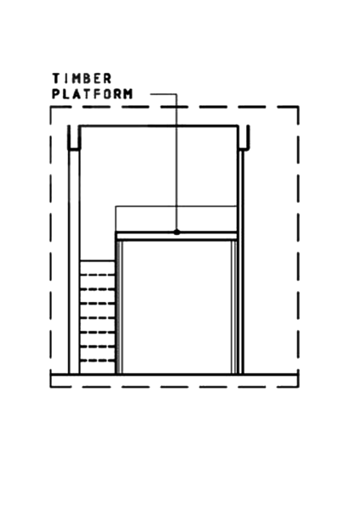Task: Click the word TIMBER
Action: click(x=82, y=79)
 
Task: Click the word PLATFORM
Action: click(x=93, y=94)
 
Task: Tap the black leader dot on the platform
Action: click(x=177, y=232)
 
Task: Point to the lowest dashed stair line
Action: click(x=98, y=361)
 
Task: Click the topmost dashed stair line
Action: click(x=98, y=275)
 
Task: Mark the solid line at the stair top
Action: click(x=98, y=260)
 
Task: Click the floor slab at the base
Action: click(x=174, y=380)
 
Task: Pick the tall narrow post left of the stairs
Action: click(x=74, y=261)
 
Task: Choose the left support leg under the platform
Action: click(x=119, y=307)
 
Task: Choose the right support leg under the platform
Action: click(x=234, y=307)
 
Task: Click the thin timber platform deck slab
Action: click(x=177, y=236)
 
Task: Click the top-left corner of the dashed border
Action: click(x=51, y=107)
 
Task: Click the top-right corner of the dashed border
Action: click(x=298, y=107)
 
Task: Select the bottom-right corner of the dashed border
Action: click(x=298, y=387)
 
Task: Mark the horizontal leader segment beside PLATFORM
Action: click(x=163, y=94)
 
